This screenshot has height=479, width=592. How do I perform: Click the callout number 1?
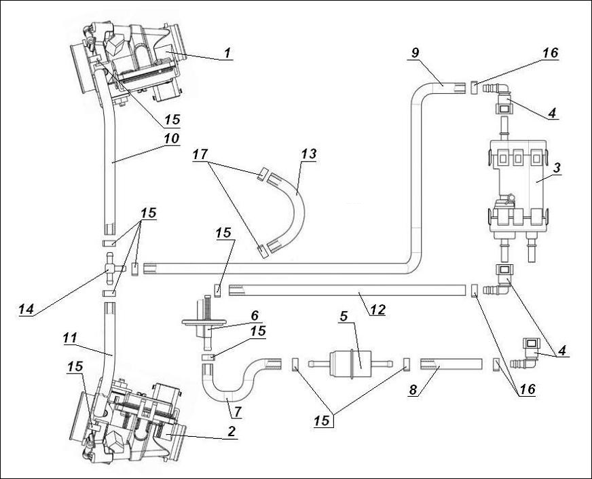[227, 52]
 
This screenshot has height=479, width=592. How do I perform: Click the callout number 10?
[171, 138]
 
